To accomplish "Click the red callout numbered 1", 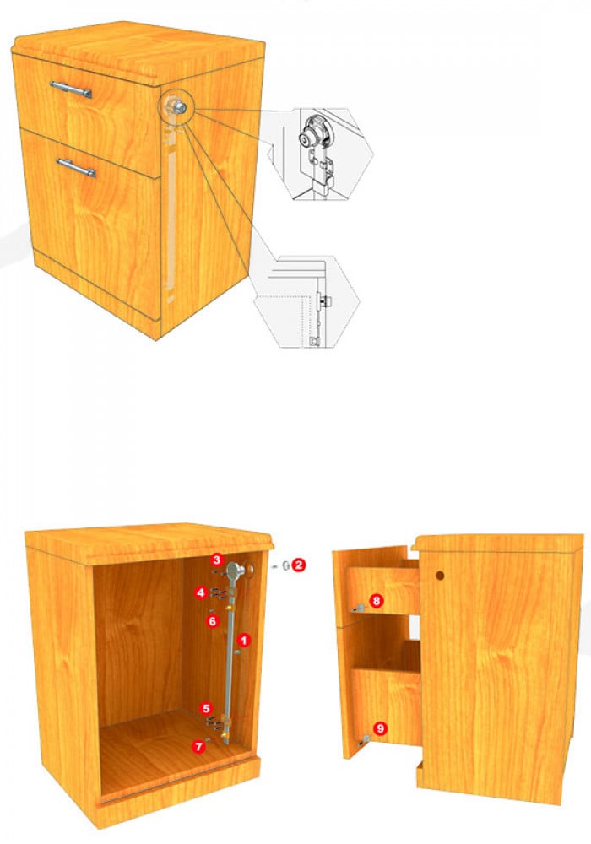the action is click(x=244, y=640).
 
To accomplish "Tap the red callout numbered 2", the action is click(x=299, y=565).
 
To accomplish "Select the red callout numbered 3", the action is click(x=216, y=560).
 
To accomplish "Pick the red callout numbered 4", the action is click(x=201, y=593).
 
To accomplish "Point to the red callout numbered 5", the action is click(x=206, y=708).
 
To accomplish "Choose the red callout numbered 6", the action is click(x=213, y=622).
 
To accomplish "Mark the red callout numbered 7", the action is click(x=200, y=747).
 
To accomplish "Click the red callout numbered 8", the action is click(x=376, y=601).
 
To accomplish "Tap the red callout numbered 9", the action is click(x=381, y=728).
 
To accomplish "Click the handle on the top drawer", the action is click(x=71, y=89).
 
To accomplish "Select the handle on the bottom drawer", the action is click(x=77, y=167).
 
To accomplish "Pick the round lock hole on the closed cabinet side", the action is click(x=440, y=576).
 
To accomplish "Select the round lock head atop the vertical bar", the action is click(x=235, y=569).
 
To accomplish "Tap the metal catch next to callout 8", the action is click(x=358, y=609).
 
